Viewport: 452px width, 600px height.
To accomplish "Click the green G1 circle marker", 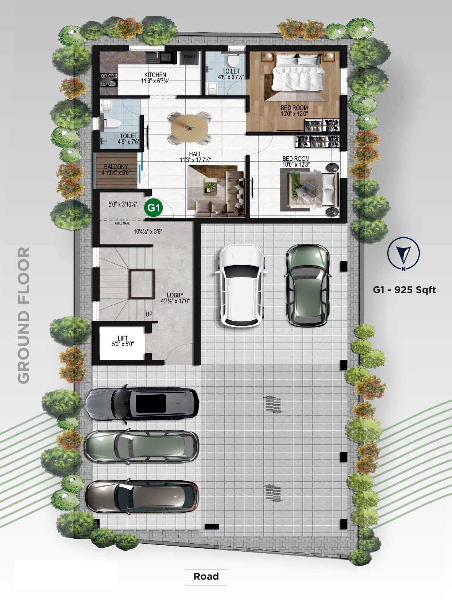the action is click(x=153, y=208).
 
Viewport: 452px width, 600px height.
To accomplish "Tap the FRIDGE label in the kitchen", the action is click(x=189, y=57).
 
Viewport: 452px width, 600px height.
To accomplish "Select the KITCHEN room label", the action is click(x=155, y=75).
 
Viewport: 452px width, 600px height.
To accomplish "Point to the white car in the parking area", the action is click(x=242, y=285).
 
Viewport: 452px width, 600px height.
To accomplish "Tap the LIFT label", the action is click(x=123, y=338).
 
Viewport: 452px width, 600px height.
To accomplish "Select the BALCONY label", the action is click(x=116, y=167).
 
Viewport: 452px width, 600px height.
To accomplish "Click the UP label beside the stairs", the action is click(x=149, y=314).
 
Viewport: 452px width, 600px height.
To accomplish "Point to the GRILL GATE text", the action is click(x=122, y=223).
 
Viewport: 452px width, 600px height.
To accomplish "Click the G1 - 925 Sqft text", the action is click(x=404, y=290).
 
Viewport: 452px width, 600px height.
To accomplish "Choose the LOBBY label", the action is click(x=175, y=295).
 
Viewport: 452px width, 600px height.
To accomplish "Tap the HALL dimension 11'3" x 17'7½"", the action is click(x=196, y=160).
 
